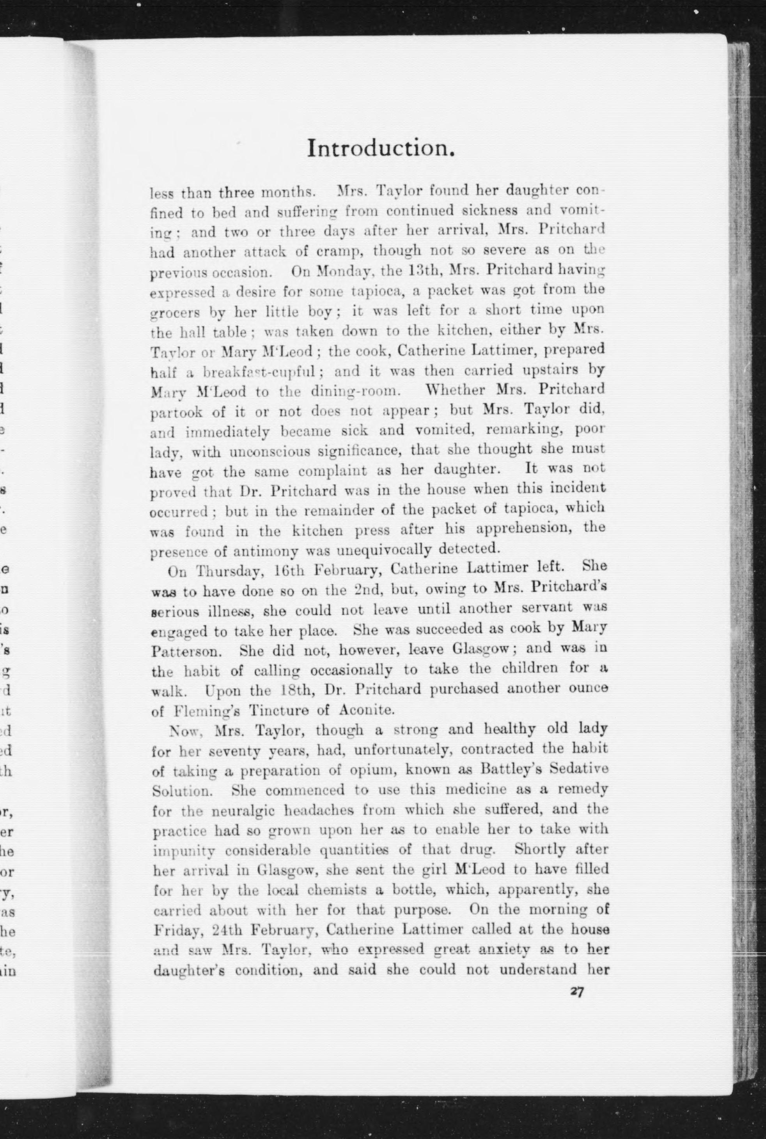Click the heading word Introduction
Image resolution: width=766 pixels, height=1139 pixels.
(x=381, y=149)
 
